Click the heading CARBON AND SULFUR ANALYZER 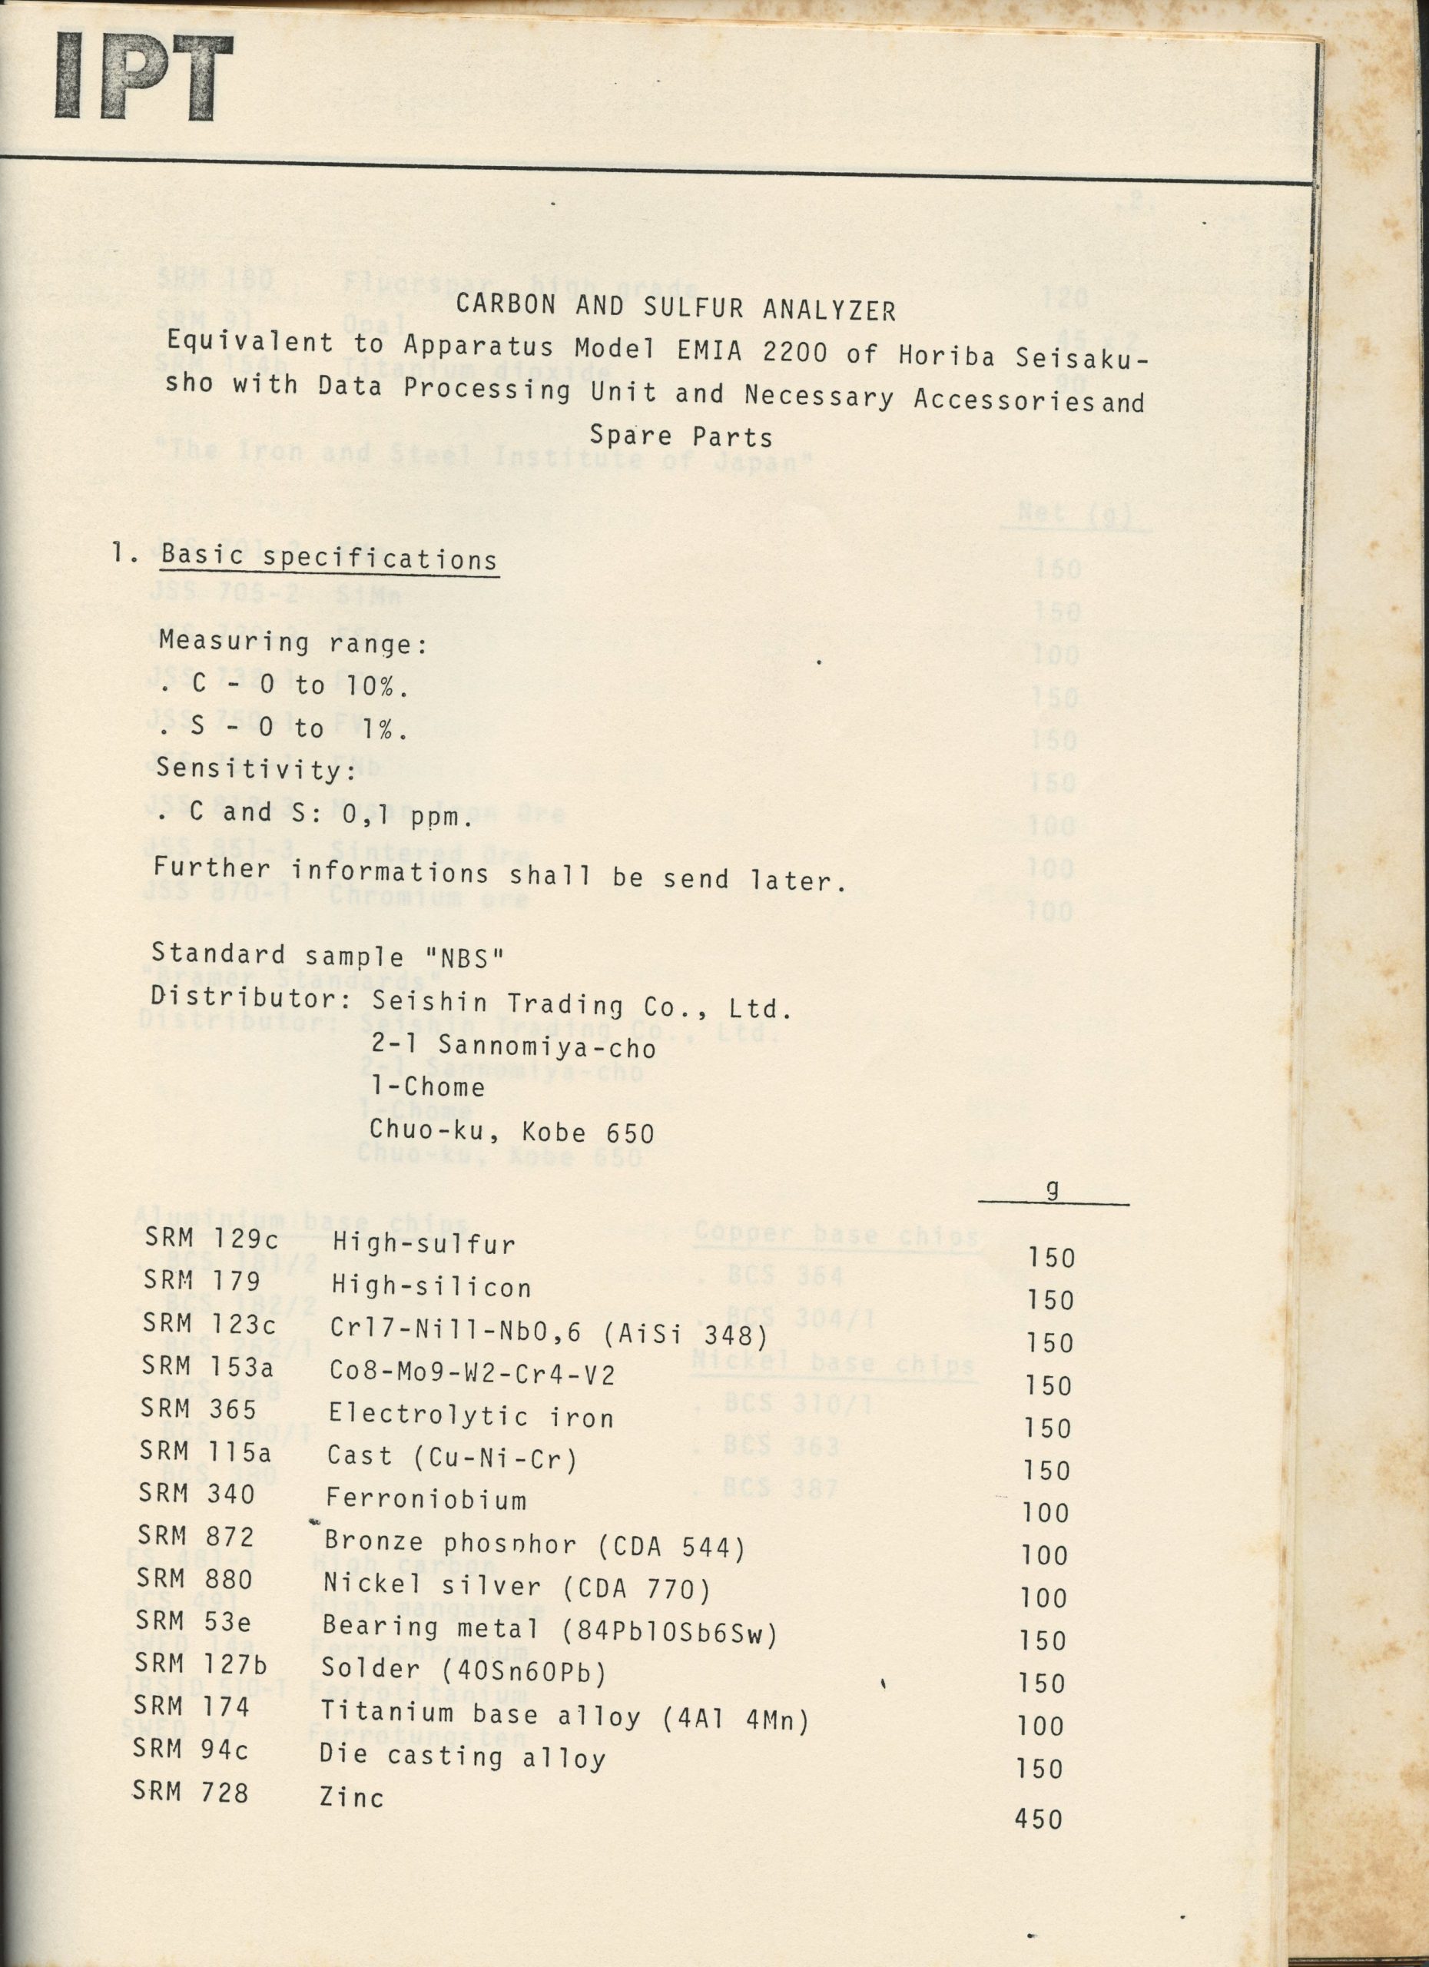point(675,309)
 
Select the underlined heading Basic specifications point(329,557)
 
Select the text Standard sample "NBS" point(327,957)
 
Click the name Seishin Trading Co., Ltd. point(581,1006)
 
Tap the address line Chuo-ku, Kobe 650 point(511,1131)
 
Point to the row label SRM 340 point(196,1494)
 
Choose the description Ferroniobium point(426,1500)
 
